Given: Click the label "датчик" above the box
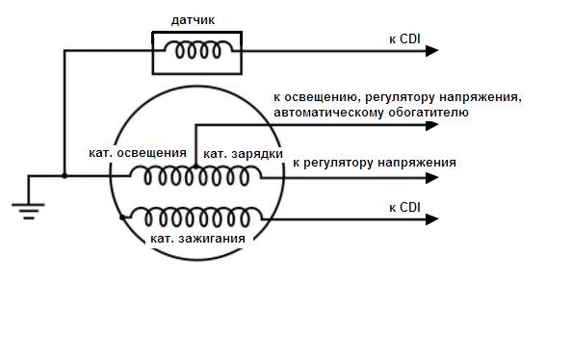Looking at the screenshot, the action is pos(193,20).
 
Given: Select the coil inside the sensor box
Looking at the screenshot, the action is pos(198,50).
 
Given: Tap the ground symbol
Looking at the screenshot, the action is pos(29,212).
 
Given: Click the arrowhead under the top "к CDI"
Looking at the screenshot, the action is pos(432,51).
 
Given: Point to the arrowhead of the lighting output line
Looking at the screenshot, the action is pos(432,125).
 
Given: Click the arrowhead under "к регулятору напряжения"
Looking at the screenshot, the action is pos(432,178).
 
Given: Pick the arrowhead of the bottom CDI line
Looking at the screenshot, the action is pos(432,219).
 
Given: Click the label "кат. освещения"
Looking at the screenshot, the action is pos(138,153).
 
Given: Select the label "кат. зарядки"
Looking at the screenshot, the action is pos(243,154).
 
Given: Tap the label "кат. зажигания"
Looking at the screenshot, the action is pos(197,239).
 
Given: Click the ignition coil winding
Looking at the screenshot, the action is pos(197,218).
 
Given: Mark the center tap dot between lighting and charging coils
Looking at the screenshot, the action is pos(195,167).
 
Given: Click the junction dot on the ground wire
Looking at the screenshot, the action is pos(65,176).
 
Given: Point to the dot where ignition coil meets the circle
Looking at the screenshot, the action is pos(122,218).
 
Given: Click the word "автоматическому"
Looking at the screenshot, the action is pos(328,112).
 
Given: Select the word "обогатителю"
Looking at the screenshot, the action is pos(429,112).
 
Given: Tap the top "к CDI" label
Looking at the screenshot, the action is pos(404,39).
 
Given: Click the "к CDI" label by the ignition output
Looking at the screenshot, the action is pos(404,208).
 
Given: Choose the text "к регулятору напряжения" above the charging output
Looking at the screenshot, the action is pos(375,163).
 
